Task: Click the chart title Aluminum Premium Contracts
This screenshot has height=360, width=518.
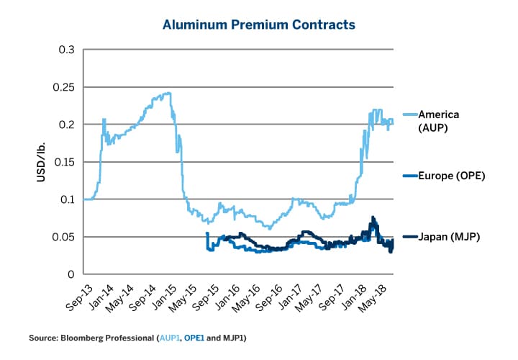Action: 258,25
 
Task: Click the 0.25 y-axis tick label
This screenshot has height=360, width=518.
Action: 65,87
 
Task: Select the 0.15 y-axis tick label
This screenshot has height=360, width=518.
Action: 65,162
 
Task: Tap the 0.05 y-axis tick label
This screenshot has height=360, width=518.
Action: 65,237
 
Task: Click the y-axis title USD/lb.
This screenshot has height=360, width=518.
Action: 42,161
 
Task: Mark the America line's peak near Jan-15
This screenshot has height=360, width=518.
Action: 168,93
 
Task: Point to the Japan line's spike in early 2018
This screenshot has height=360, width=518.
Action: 373,217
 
